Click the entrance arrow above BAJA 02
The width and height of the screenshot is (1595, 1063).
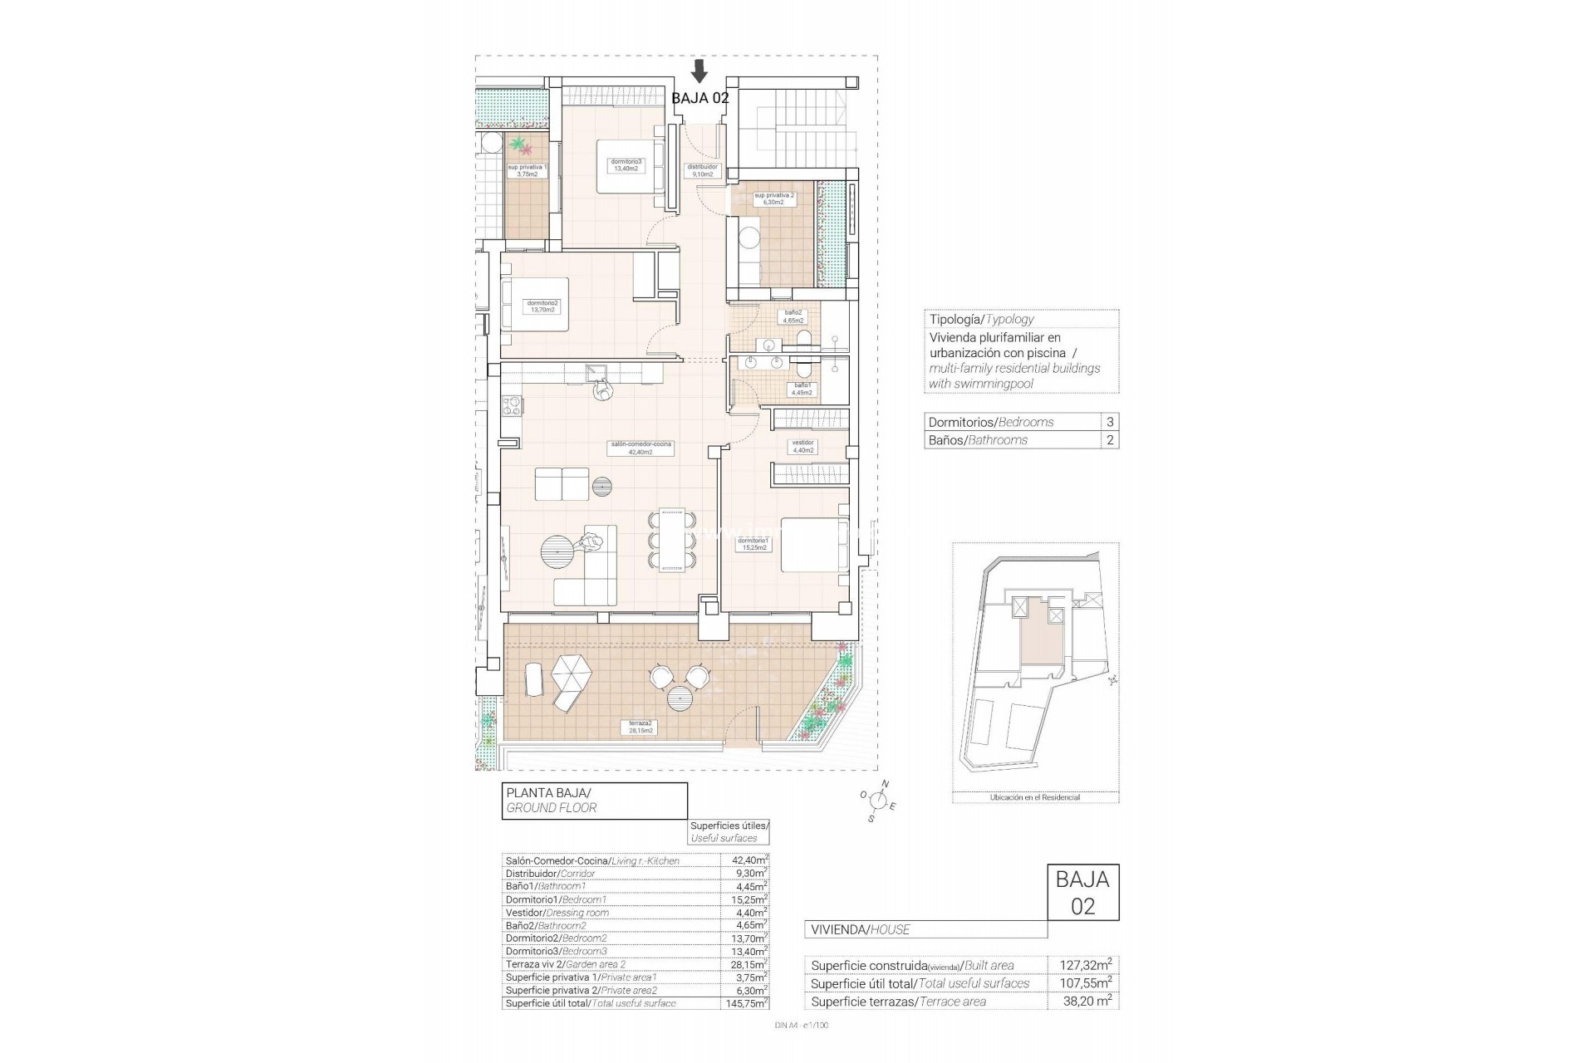tap(699, 71)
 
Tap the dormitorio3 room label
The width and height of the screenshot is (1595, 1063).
tap(626, 164)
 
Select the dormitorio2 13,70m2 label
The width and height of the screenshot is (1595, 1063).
tap(542, 306)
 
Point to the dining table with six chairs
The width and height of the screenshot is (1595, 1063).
tap(671, 541)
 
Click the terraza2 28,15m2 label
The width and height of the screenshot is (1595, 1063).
tap(637, 727)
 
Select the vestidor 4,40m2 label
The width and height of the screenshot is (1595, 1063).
tap(802, 446)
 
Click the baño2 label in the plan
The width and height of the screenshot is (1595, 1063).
tap(793, 316)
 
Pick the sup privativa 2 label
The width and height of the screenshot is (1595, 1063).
tap(774, 198)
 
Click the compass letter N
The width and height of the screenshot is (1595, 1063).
tap(885, 784)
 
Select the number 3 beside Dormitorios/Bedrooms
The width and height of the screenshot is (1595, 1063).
tap(1110, 422)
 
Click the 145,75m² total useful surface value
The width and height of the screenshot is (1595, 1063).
tap(744, 1003)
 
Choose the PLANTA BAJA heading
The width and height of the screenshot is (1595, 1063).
tap(548, 793)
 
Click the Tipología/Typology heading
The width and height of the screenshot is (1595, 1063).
tap(981, 319)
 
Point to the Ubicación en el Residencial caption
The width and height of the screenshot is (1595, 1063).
tap(1034, 797)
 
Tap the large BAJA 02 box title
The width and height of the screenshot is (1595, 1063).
tap(1082, 892)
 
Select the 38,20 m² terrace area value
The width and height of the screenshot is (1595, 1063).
tap(1086, 1002)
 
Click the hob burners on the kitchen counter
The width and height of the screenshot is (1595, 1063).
tap(512, 406)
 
